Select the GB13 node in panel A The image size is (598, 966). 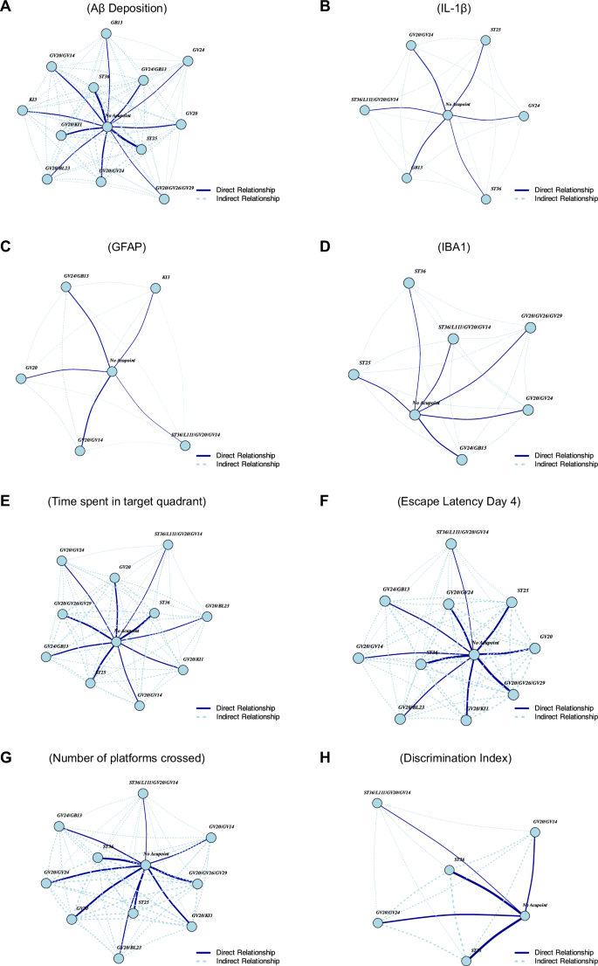click(106, 34)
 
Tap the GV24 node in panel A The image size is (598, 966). click(187, 62)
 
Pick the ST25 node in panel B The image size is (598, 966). click(485, 39)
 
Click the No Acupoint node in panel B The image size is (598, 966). click(447, 114)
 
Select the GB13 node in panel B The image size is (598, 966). click(407, 177)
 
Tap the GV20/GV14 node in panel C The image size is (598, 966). click(80, 452)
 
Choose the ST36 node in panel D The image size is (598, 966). click(408, 283)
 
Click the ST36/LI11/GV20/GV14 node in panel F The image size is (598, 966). click(450, 543)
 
